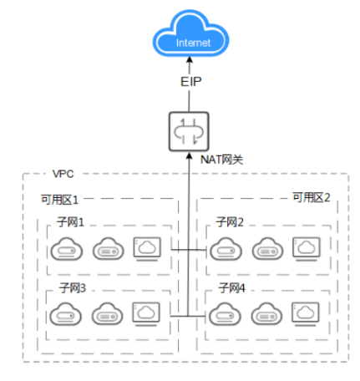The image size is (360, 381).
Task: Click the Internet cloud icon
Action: coord(190,38)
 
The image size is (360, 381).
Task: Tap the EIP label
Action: coord(191,81)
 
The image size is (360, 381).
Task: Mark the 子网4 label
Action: coord(230,288)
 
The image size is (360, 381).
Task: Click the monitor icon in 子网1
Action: coord(146,247)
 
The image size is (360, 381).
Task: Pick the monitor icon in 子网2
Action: coord(305,247)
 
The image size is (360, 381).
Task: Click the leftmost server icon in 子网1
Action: coord(66,248)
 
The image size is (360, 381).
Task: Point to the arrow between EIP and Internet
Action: coord(191,64)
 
